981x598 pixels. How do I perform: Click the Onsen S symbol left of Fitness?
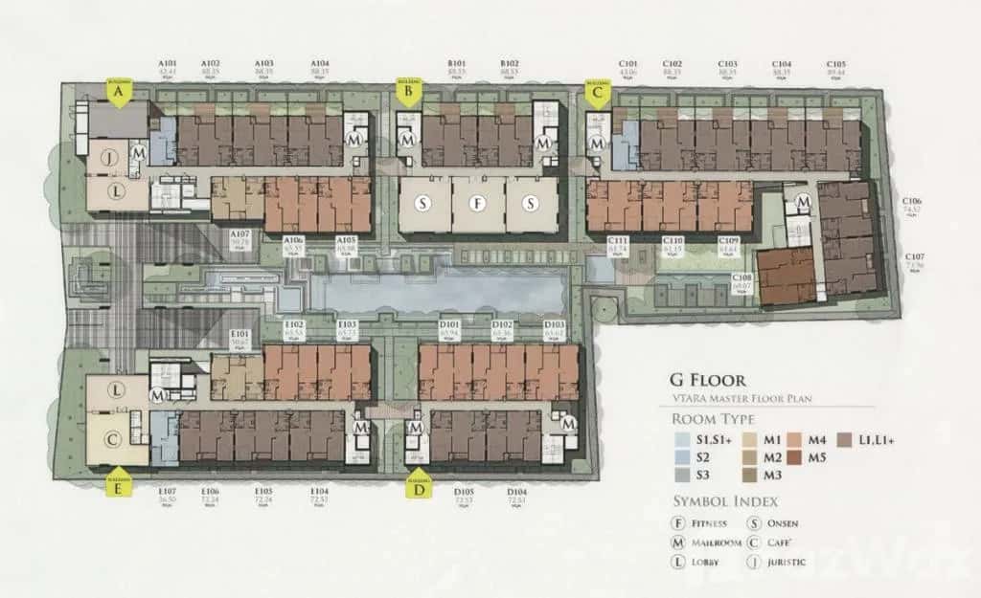tap(422, 204)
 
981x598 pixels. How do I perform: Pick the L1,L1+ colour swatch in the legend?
tap(843, 440)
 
